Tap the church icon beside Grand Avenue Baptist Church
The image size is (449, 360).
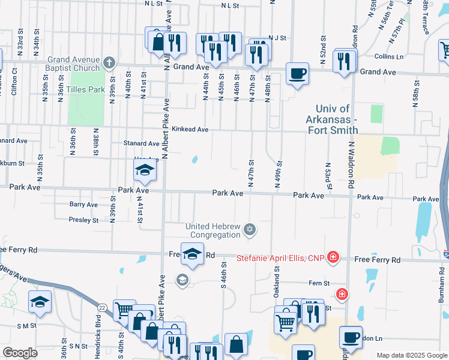click(109, 62)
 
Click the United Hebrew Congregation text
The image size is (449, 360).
click(213, 230)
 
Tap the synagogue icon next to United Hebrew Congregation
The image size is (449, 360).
click(250, 229)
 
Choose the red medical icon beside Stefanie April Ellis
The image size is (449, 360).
click(333, 259)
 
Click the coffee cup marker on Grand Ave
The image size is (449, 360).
click(297, 74)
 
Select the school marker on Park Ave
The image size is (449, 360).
click(145, 171)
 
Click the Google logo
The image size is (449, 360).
click(20, 352)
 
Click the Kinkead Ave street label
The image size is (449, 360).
click(190, 129)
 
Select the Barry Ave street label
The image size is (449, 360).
click(83, 205)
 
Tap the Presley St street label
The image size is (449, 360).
click(83, 220)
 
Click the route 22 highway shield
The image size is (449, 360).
click(103, 308)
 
